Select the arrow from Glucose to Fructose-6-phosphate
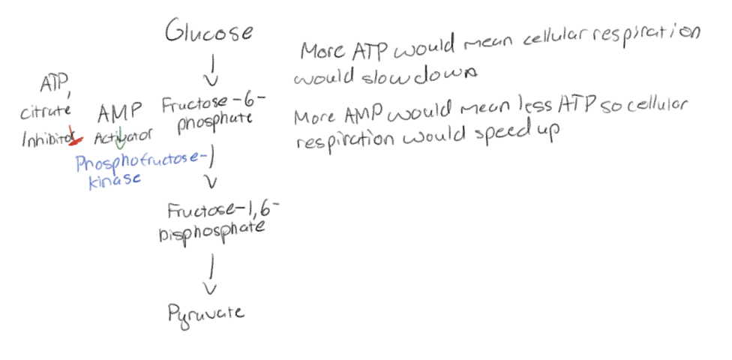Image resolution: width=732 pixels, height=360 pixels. [212, 70]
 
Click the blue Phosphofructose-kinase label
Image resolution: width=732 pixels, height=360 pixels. [140, 169]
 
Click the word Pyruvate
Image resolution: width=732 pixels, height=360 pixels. [205, 312]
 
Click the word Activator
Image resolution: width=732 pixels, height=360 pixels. [124, 137]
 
